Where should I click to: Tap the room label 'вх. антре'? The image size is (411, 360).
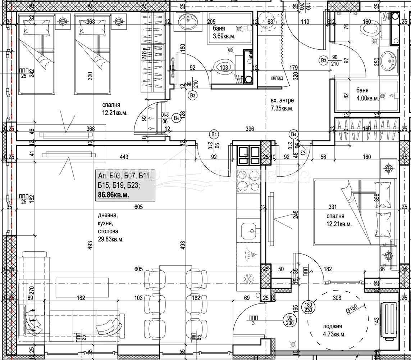tap(282, 100)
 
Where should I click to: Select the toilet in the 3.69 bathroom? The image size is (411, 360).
tap(223, 67)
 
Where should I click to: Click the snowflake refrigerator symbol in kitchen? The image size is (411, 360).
tap(247, 278)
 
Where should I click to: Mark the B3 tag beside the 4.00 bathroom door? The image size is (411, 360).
tap(324, 60)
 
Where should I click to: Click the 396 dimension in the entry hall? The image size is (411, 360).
tap(250, 129)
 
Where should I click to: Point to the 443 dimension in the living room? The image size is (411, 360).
tap(124, 157)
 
